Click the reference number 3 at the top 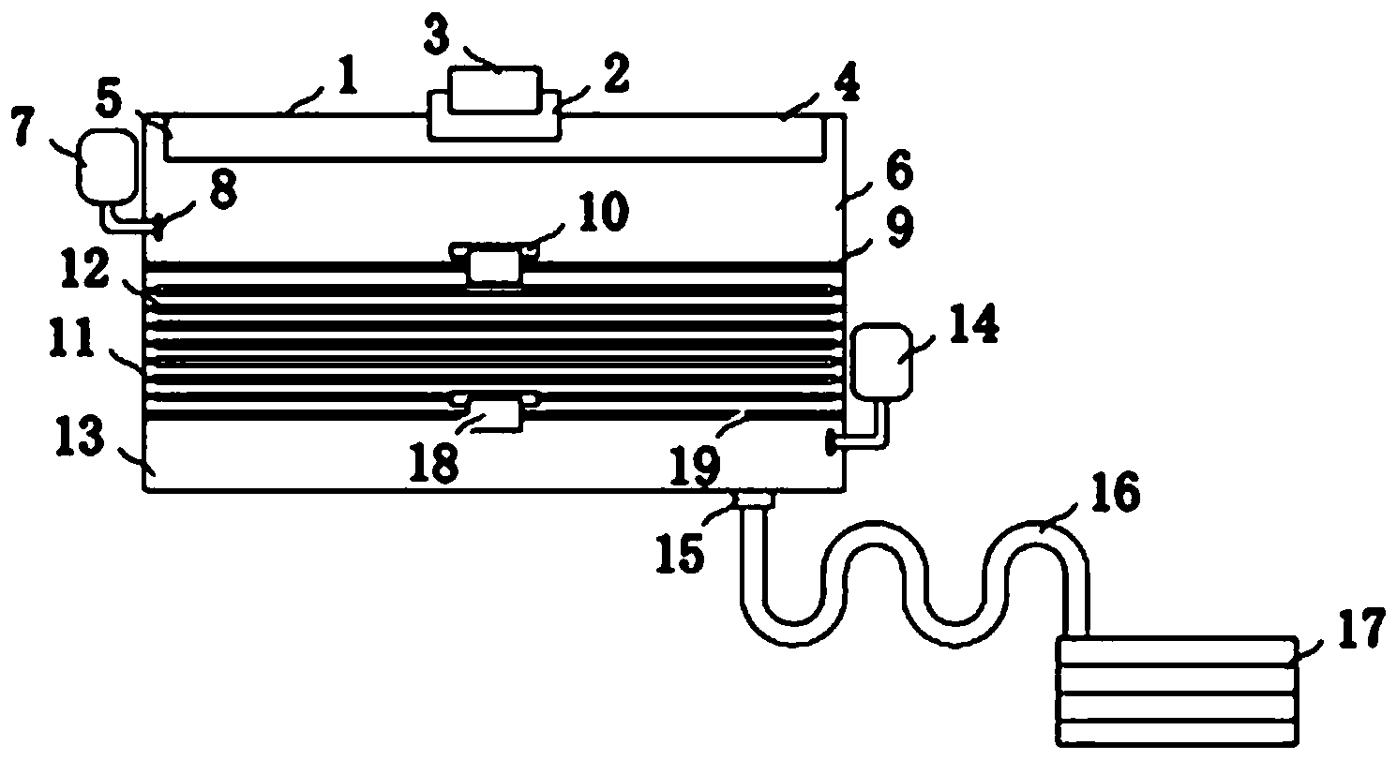pyautogui.click(x=436, y=35)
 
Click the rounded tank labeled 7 pyautogui.click(x=106, y=166)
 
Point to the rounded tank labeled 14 pyautogui.click(x=881, y=361)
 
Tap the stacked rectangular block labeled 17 pyautogui.click(x=1177, y=691)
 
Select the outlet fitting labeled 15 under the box pyautogui.click(x=756, y=499)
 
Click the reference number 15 pyautogui.click(x=681, y=553)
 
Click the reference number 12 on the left pyautogui.click(x=86, y=271)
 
